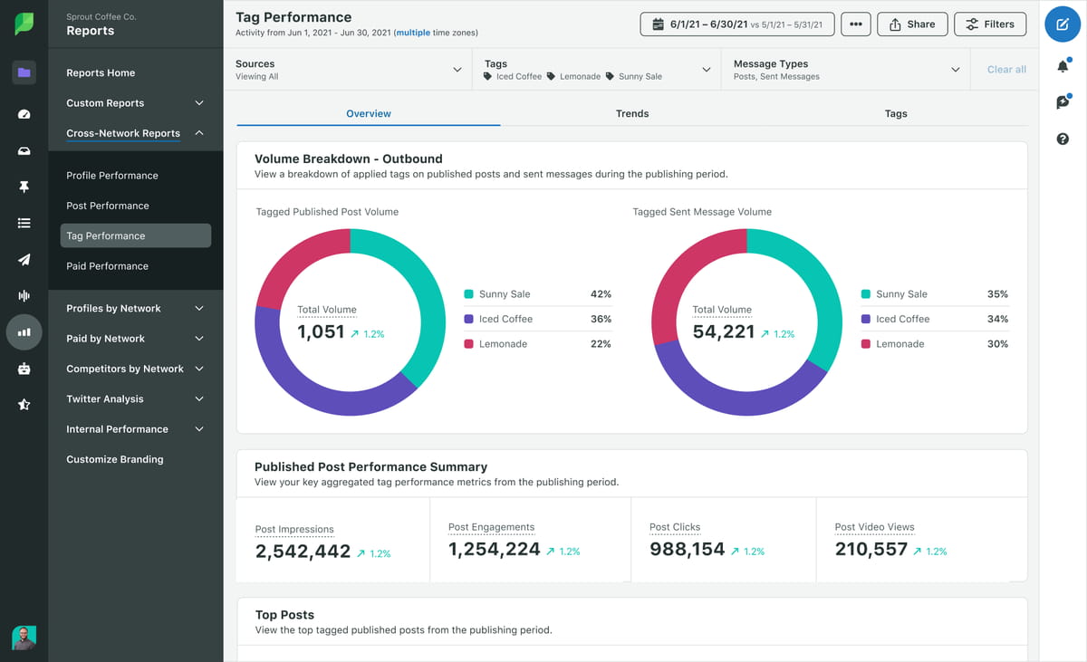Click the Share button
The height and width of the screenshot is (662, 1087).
912,24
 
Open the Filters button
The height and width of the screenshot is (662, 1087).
990,24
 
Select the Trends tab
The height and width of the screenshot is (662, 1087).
631,113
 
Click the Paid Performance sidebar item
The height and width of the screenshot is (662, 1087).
107,266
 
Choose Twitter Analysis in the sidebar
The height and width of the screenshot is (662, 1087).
105,399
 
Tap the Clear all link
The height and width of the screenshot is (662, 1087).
1006,70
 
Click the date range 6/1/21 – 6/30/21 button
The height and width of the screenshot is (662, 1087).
736,24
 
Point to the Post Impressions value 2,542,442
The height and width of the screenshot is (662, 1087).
303,551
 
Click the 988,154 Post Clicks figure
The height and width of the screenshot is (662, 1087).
688,549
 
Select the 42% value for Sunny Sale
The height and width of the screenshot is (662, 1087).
600,294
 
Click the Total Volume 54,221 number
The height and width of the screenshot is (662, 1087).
723,332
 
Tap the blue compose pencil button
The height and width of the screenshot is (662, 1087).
1063,24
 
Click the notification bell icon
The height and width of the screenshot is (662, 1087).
1063,66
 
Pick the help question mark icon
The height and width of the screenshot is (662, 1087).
1063,139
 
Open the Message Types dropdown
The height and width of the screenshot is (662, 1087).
846,70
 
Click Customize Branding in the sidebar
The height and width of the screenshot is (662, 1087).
115,460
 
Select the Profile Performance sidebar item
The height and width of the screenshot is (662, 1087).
112,176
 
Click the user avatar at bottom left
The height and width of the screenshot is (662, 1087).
24,638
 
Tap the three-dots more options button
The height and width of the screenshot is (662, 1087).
855,24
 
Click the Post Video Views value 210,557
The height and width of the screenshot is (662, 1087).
871,549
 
